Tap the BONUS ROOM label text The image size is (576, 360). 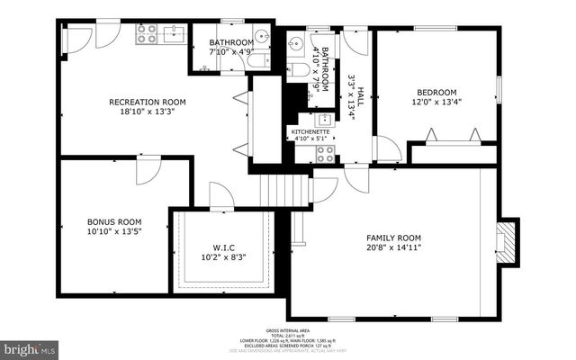click(x=114, y=220)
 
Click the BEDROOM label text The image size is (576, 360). click(x=436, y=92)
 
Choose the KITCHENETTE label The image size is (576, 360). click(x=312, y=130)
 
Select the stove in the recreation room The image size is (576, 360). click(x=146, y=34)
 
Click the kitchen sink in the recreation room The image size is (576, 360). click(x=173, y=34)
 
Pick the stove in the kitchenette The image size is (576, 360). click(x=325, y=153)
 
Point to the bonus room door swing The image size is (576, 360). click(x=147, y=171)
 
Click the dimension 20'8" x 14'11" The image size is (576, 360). click(x=394, y=247)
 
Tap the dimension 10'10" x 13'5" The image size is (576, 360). click(x=114, y=232)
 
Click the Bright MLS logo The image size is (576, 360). click(x=28, y=346)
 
